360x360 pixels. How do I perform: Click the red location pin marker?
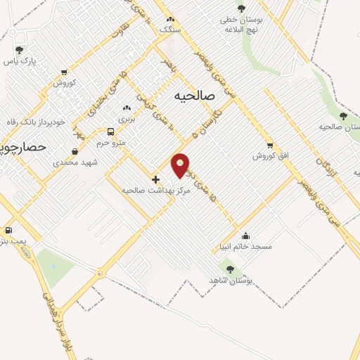[181, 165]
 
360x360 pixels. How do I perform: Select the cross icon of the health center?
[155, 179]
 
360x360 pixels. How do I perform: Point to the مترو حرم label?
[110, 143]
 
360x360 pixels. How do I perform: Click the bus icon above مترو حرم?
[110, 131]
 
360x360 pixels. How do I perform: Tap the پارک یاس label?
[19, 61]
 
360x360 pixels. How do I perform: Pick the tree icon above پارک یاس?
[19, 50]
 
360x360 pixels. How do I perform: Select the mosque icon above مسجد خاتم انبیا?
[245, 236]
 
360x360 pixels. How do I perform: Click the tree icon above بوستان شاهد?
[230, 269]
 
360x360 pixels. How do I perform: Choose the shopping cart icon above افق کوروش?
[270, 146]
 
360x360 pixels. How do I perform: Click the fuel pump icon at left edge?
[8, 230]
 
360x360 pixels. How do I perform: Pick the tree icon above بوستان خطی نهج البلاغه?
[241, 8]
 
